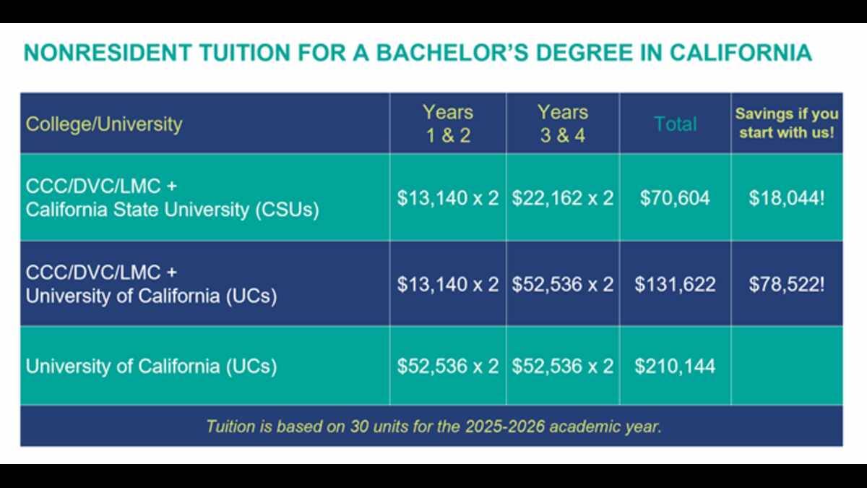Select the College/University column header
(104, 124)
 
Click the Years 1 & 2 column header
(448, 124)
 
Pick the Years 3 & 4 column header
(562, 124)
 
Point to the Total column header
(676, 124)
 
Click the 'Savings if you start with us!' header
(787, 123)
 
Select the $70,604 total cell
(675, 198)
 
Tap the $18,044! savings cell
(787, 198)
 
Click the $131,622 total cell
(675, 284)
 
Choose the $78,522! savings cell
(787, 284)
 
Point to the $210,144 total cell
(675, 366)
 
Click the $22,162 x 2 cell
(562, 198)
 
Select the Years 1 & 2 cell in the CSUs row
(448, 198)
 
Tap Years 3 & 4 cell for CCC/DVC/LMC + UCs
(562, 284)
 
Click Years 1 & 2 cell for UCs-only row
(448, 366)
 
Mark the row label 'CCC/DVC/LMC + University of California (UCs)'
(151, 285)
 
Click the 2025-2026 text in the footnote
(504, 427)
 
